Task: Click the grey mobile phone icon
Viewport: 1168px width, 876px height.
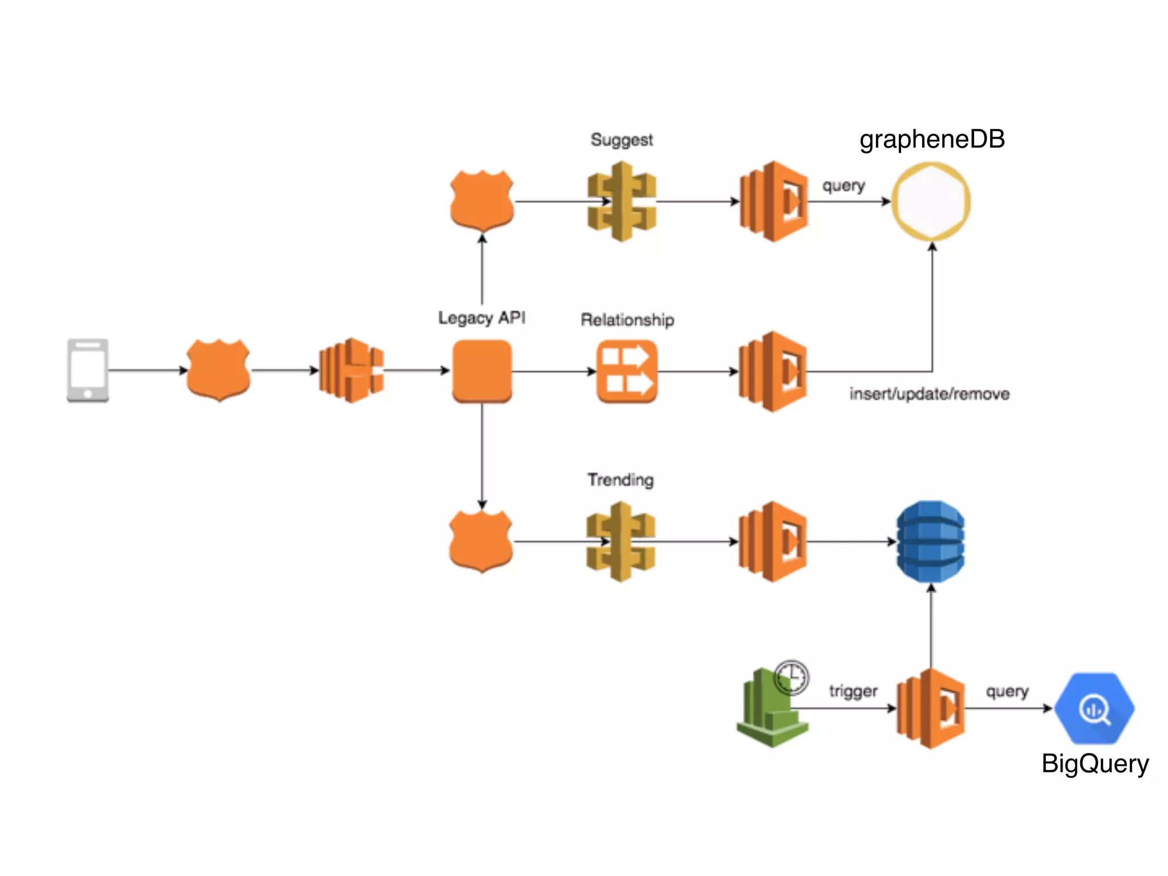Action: click(x=87, y=371)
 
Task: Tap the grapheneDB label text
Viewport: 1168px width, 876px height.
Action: click(x=932, y=139)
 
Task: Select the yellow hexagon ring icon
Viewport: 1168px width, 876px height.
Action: click(x=931, y=201)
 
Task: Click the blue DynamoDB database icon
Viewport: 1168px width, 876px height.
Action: click(x=931, y=541)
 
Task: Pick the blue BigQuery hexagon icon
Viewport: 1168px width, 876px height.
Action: click(x=1094, y=708)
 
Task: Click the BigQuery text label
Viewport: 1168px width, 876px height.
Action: click(x=1095, y=763)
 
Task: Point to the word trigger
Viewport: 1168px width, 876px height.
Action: click(x=853, y=691)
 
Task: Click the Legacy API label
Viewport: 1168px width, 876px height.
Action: click(x=481, y=318)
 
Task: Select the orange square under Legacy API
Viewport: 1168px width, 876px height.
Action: click(x=482, y=371)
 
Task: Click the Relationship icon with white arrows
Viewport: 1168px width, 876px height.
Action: click(x=627, y=371)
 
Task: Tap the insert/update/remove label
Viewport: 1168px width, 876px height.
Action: click(x=929, y=394)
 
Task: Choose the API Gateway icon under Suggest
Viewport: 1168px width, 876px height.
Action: click(x=622, y=201)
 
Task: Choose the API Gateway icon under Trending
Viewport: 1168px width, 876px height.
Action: click(x=620, y=541)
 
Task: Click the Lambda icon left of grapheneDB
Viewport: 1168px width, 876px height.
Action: click(x=773, y=201)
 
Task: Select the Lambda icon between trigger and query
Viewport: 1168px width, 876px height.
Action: click(x=931, y=708)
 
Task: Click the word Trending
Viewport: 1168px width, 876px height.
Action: click(x=620, y=480)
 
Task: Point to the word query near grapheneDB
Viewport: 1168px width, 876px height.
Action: click(x=843, y=186)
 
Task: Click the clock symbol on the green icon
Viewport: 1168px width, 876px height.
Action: click(x=792, y=677)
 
